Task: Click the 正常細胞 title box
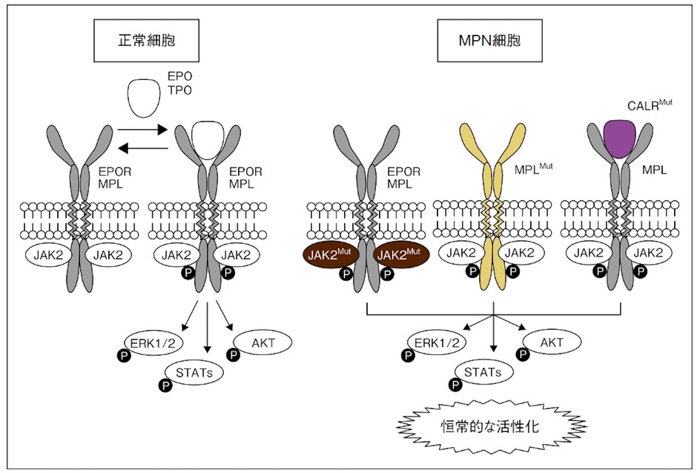coord(146,40)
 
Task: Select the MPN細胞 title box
coord(490,40)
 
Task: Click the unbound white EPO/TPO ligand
coord(144,97)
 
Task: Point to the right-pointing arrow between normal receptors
coord(142,130)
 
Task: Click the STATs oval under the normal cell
coord(194,373)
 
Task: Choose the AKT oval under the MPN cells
coord(551,343)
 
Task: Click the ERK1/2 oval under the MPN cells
coord(437,343)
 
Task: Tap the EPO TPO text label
coord(180,83)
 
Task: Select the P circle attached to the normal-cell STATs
coord(166,386)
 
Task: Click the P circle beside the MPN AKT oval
coord(523,354)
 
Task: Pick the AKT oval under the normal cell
coord(263,343)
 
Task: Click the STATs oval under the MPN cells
coord(483,372)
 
